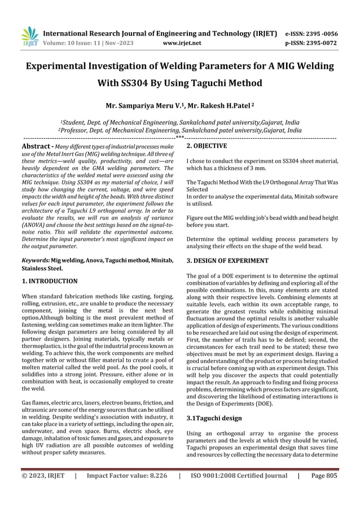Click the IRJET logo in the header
click(29, 35)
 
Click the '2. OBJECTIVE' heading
click(207, 146)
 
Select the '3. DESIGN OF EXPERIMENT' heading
click(227, 261)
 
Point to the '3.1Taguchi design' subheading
click(214, 418)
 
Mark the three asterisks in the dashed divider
click(179, 137)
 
